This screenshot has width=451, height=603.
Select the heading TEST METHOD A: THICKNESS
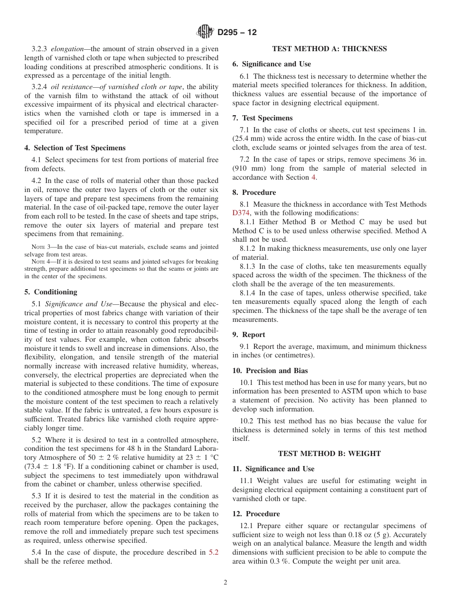coord(329,49)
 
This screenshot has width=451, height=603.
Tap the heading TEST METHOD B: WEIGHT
coord(329,454)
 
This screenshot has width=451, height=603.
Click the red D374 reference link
coord(241,213)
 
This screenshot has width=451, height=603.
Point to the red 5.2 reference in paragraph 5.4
coord(214,552)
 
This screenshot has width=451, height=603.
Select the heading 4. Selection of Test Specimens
coord(75,148)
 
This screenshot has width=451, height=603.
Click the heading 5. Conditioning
coord(51,292)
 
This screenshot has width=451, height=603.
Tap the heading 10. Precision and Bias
coord(270,371)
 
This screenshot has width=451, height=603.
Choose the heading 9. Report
coord(249,335)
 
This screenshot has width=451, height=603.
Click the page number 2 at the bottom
coord(225,583)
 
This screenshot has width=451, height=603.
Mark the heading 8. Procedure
coord(254,192)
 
